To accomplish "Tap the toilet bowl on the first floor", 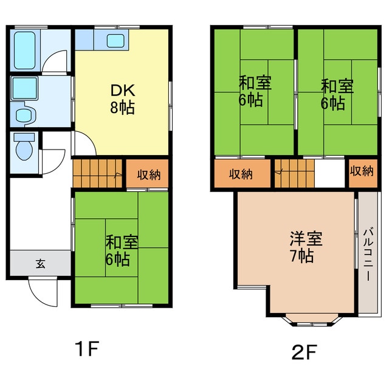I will (24, 148).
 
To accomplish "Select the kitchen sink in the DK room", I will (115, 41).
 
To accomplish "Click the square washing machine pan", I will (24, 88).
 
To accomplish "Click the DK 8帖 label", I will (122, 99).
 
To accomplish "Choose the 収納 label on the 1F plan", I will (148, 175).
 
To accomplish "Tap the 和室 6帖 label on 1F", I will (122, 250).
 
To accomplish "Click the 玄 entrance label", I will (40, 264).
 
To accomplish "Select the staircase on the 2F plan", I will (294, 173).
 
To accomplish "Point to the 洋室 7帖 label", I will (301, 247).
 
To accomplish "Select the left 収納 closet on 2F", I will (241, 174).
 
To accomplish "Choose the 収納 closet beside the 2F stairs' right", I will (362, 172).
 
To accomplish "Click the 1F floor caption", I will (86, 349).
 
